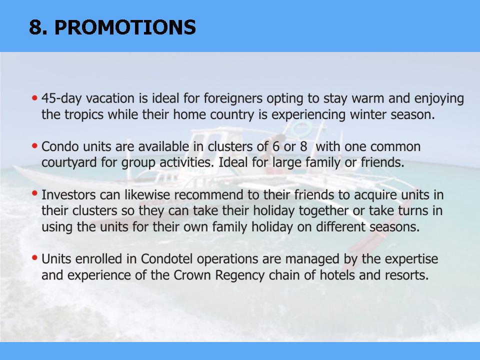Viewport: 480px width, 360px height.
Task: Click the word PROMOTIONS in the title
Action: click(x=125, y=27)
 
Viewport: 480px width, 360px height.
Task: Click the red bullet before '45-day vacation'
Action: click(x=34, y=98)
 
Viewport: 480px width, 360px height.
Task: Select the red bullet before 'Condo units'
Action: click(x=34, y=145)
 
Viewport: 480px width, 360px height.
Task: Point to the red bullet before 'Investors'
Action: click(x=34, y=193)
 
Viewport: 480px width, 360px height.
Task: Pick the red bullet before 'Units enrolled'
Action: click(x=34, y=258)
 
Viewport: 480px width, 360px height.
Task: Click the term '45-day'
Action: click(x=62, y=99)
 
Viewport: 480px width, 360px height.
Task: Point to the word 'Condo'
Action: click(x=60, y=146)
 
